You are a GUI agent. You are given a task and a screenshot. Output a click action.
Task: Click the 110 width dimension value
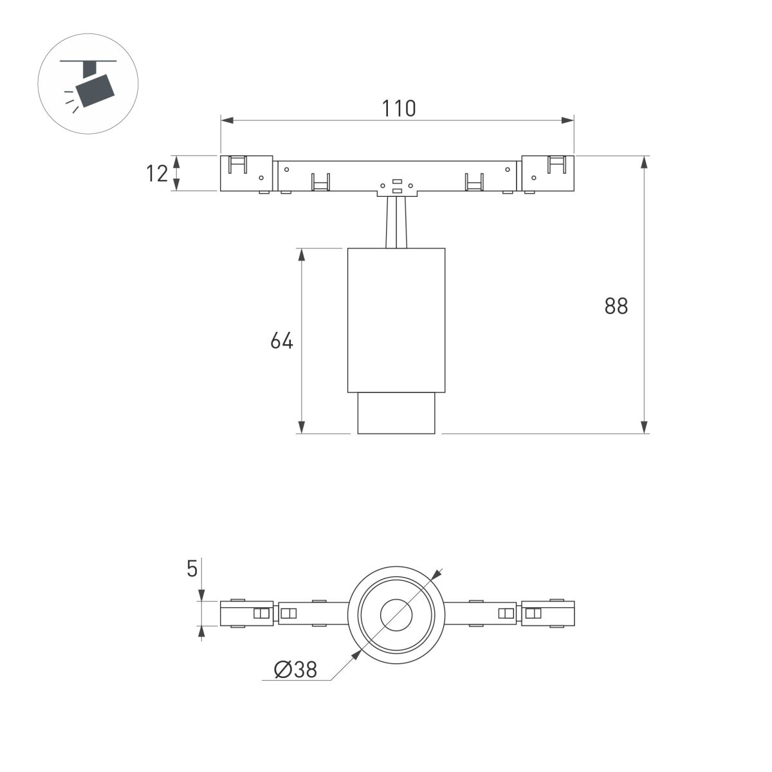tap(399, 109)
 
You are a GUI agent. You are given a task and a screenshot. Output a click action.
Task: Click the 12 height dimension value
tap(157, 173)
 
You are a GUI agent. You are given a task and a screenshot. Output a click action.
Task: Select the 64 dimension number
tap(281, 340)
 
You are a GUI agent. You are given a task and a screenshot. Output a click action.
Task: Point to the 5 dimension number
tap(192, 569)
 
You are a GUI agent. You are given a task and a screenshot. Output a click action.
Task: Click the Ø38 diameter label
tap(295, 670)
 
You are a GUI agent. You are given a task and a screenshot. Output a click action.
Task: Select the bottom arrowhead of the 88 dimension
tap(644, 427)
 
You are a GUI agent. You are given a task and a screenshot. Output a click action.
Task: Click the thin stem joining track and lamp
tap(396, 222)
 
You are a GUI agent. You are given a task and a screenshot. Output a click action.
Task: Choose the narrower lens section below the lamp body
tap(396, 413)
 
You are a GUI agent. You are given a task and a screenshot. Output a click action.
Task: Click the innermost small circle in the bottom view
tap(396, 614)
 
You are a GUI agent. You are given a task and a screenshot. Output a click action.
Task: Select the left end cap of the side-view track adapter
tap(247, 173)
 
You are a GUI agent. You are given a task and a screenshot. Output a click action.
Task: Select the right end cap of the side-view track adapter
tap(547, 173)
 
